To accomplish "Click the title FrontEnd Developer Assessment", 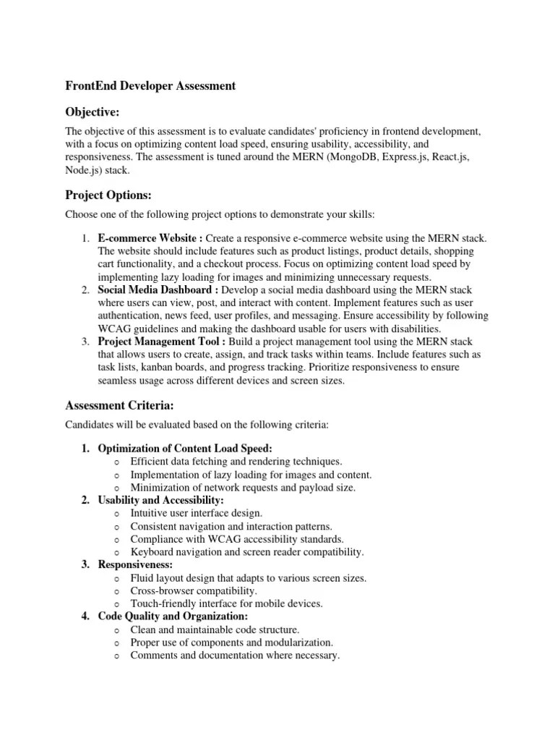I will click(x=150, y=85).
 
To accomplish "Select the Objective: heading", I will click(x=92, y=111).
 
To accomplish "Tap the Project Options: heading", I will click(x=108, y=195).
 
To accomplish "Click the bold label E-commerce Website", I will click(x=149, y=238).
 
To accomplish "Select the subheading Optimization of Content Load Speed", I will click(x=185, y=449).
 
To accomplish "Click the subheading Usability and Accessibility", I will click(x=160, y=500).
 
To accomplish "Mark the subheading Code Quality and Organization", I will click(x=173, y=617).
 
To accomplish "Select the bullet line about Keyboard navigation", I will click(x=246, y=552).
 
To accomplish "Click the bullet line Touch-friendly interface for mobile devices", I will click(x=226, y=604).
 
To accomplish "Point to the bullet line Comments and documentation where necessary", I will click(x=234, y=656).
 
